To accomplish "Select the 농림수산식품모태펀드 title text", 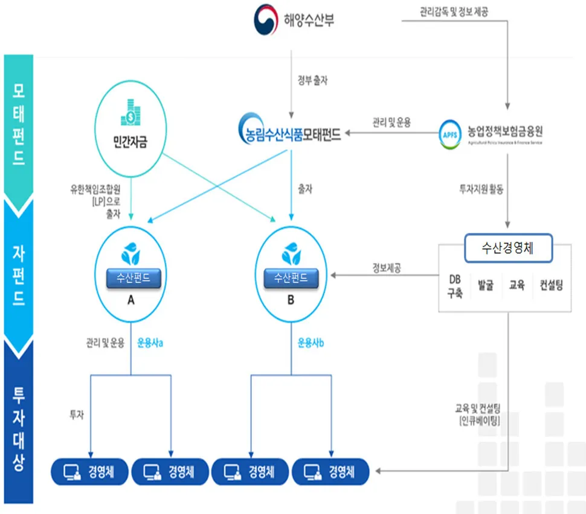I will click(289, 134).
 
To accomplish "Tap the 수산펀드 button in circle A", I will click(130, 278).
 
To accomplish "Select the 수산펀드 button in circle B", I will click(291, 278).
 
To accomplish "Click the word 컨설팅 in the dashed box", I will click(551, 285).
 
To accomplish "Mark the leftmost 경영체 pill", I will click(89, 471).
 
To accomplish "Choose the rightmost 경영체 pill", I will click(330, 471).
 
